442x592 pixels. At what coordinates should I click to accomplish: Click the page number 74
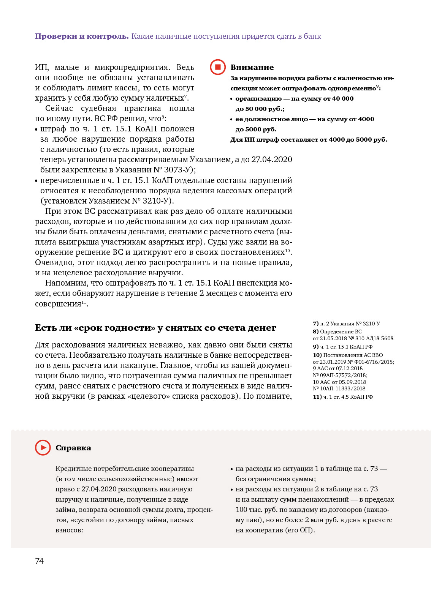point(39,561)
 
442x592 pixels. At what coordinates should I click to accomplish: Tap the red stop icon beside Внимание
point(218,67)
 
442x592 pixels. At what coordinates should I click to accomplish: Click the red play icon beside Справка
point(43,448)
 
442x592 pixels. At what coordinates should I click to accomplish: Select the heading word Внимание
point(252,67)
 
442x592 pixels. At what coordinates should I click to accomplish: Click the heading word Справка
point(73,448)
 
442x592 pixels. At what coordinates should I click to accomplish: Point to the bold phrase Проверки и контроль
point(82,36)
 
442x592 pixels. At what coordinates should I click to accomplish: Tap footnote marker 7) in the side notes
point(315,324)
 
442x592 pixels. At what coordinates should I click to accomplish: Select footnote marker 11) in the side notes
point(317,397)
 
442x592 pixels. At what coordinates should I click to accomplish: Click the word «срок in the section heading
point(88,328)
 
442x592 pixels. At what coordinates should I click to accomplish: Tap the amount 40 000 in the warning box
point(343,98)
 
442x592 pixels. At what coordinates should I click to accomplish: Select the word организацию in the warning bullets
point(258,98)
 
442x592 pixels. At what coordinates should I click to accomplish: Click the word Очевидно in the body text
point(51,262)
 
